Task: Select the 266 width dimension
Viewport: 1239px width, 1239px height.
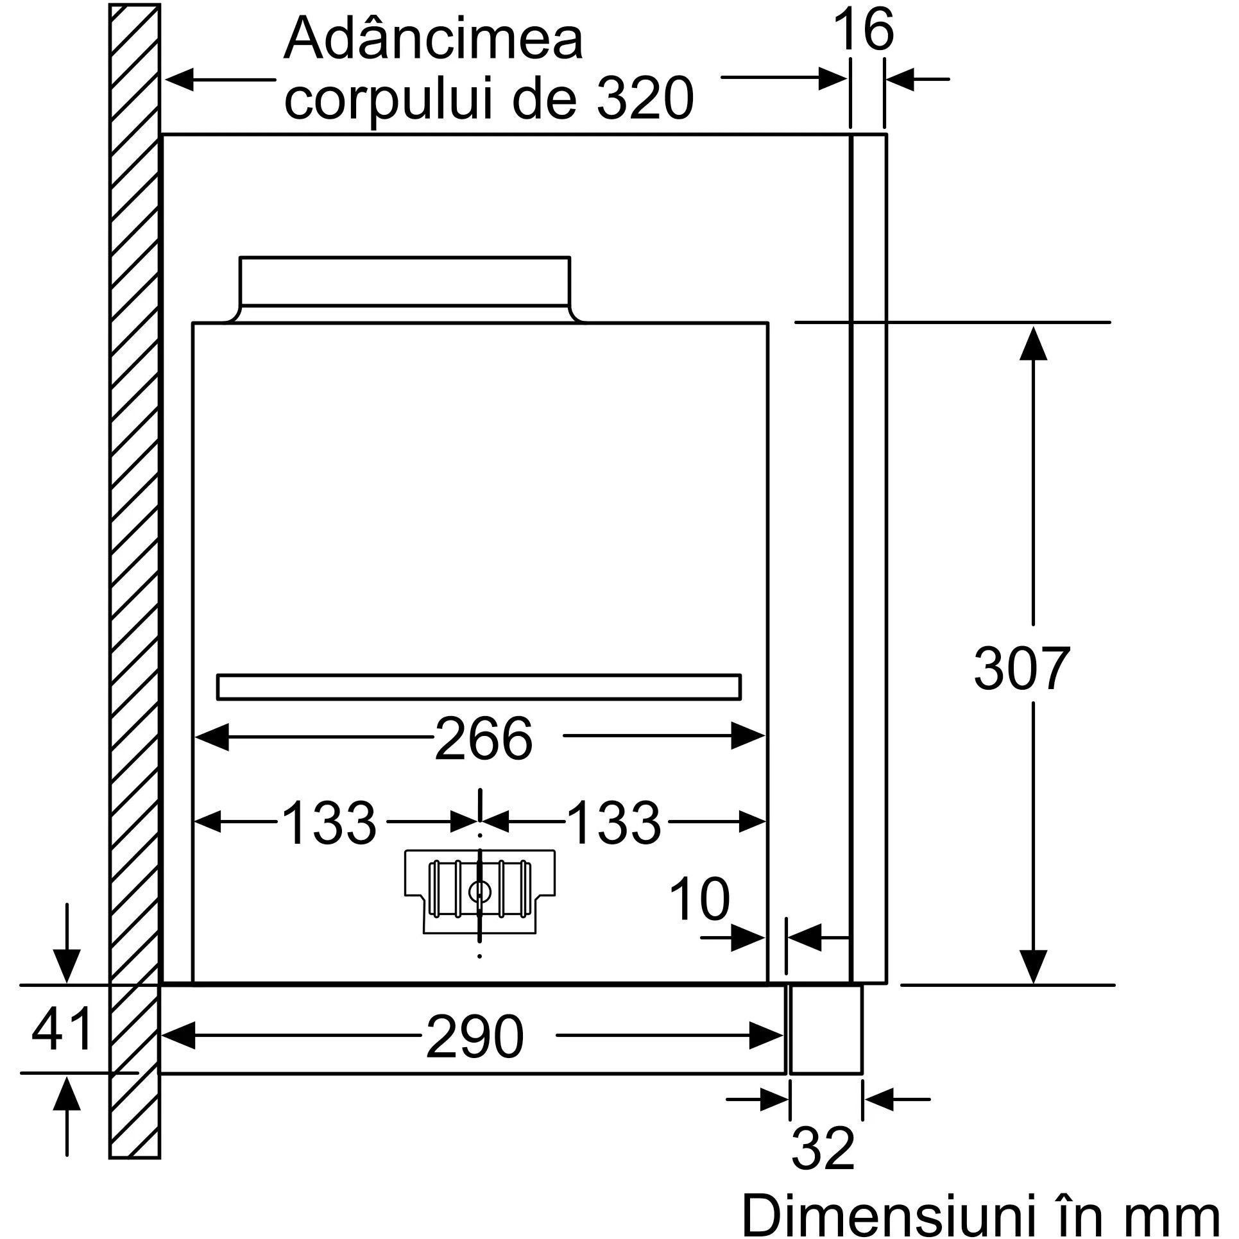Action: pos(484,739)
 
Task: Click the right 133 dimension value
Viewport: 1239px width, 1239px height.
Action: pos(614,823)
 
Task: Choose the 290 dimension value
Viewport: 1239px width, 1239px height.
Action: pos(475,1037)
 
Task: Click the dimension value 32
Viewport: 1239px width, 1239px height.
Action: pos(824,1131)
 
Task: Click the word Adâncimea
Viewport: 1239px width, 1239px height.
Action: pos(434,40)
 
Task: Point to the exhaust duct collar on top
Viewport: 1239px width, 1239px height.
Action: pos(405,289)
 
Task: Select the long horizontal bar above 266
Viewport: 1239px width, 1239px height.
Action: pos(479,687)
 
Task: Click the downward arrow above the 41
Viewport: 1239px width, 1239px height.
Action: pos(67,953)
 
